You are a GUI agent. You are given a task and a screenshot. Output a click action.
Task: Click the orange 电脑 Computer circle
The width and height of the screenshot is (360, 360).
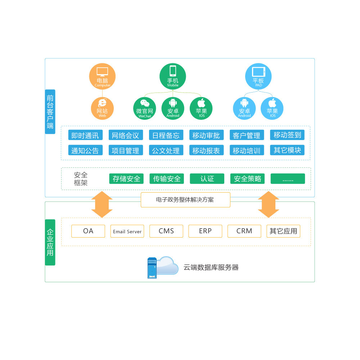102,76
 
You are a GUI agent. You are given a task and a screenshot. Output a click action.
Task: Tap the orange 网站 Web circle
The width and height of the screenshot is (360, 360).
102,108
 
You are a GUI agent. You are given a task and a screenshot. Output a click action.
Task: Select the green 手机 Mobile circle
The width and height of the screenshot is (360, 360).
173,76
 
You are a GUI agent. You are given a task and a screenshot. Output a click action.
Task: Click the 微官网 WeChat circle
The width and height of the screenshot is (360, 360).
145,108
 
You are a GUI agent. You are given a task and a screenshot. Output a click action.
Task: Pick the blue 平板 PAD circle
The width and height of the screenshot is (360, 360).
258,76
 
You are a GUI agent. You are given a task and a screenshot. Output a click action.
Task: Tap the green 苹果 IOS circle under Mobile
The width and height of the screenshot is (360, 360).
201,108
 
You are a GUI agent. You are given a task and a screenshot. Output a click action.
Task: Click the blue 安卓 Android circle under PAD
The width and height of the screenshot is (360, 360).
244,108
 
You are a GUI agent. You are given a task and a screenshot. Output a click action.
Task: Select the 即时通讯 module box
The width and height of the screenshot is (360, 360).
85,135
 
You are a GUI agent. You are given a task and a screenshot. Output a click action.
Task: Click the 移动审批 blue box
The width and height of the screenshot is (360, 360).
206,135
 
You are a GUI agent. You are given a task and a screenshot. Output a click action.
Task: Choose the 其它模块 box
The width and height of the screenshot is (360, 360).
287,150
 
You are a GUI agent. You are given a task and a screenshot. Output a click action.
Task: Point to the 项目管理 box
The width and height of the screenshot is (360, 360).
126,150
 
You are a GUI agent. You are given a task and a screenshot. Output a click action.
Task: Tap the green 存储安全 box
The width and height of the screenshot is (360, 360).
126,179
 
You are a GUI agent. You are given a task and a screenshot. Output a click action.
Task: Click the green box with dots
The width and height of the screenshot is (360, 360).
288,179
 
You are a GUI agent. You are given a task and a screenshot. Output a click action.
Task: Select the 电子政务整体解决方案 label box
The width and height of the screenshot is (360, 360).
185,200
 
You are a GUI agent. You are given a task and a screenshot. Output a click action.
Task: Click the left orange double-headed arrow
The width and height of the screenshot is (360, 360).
102,204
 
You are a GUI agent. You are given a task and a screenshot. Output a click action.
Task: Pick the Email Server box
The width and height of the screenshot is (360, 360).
127,231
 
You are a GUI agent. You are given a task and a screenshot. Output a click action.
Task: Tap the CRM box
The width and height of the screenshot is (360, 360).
244,231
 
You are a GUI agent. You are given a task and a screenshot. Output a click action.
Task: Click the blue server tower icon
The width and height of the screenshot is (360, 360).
152,268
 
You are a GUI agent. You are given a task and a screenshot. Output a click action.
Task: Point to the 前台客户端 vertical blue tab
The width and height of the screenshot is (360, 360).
50,112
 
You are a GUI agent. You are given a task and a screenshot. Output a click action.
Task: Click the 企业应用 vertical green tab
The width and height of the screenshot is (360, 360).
50,242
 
